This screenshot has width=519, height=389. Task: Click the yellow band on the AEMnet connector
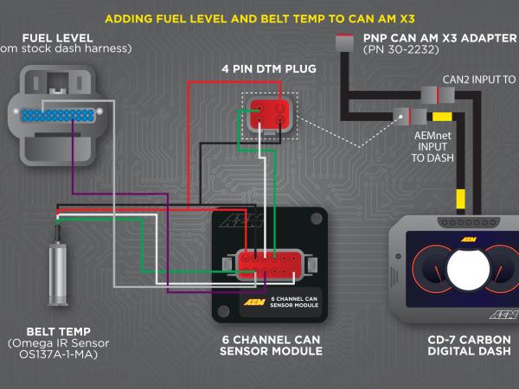point(441,116)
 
